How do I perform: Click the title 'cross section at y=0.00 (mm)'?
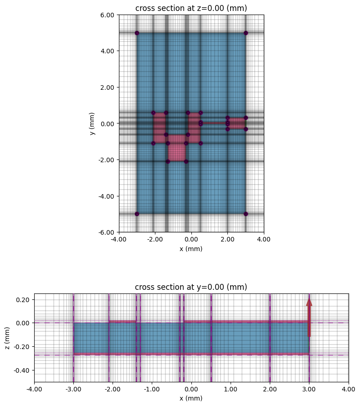click(191, 287)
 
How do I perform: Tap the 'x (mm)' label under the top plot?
click(191, 249)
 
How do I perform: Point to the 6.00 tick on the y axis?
click(108, 15)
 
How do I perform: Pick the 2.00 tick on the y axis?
click(108, 87)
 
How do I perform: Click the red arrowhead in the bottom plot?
click(309, 302)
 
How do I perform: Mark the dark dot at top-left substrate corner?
click(137, 33)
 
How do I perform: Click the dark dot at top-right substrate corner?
click(246, 33)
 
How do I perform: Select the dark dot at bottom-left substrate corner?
click(137, 214)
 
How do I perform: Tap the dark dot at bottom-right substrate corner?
click(246, 214)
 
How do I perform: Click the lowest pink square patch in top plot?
click(177, 152)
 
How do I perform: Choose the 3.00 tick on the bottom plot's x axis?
click(309, 391)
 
